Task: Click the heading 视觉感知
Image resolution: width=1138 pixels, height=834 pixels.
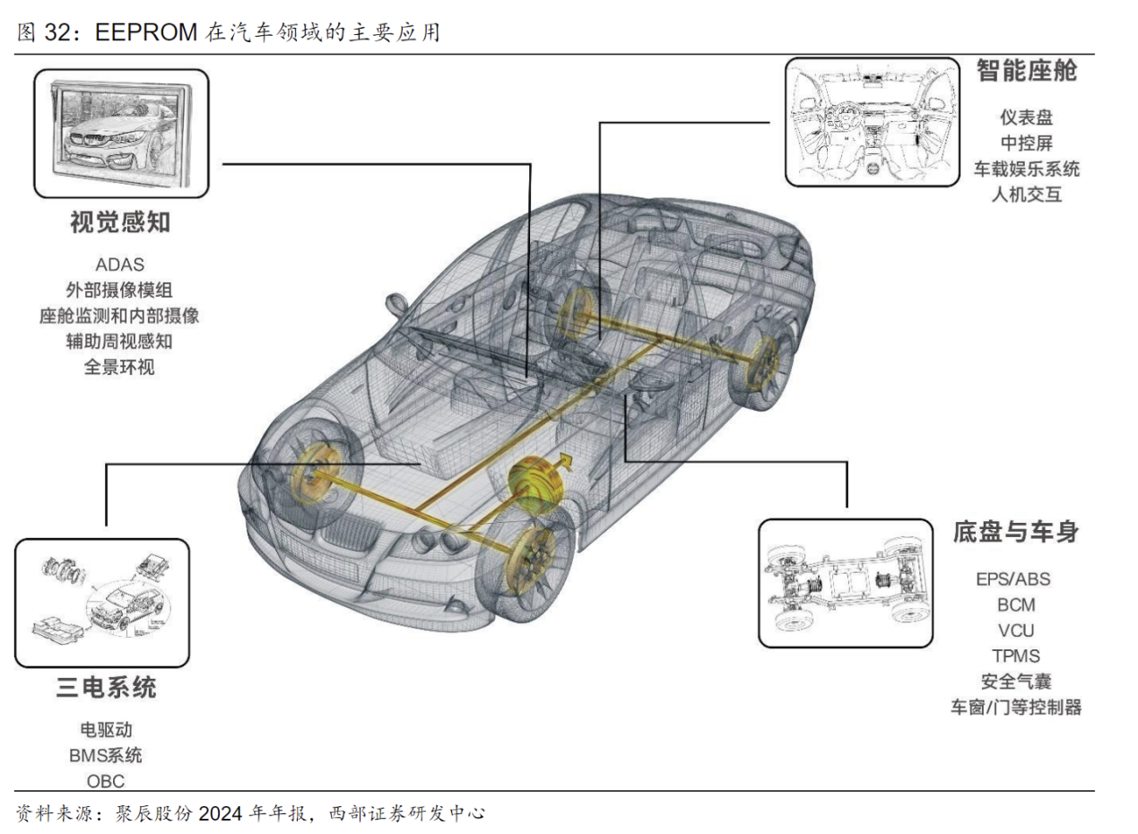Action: click(x=120, y=223)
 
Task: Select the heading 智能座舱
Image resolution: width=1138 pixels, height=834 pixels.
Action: click(x=1026, y=72)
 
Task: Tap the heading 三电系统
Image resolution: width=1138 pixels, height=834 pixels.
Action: click(x=106, y=688)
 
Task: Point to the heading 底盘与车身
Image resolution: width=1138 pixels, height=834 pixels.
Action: click(x=1015, y=532)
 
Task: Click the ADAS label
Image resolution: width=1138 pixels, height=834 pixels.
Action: click(x=119, y=265)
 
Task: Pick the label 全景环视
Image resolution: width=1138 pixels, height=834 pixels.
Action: click(x=119, y=367)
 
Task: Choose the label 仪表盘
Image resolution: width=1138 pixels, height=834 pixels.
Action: click(x=1026, y=117)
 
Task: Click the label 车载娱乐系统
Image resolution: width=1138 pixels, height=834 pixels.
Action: click(x=1026, y=169)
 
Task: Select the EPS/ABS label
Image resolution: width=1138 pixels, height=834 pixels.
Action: click(x=1012, y=578)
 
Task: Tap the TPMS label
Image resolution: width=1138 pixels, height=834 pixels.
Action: click(x=1015, y=656)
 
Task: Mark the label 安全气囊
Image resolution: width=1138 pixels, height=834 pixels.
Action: click(x=1015, y=682)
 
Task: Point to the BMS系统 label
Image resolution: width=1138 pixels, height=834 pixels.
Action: click(x=106, y=755)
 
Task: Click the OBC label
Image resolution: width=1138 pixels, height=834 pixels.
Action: click(x=106, y=780)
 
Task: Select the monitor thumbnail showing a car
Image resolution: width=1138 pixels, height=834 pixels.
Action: click(x=121, y=134)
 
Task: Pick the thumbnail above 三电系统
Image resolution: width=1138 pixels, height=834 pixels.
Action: click(x=102, y=603)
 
